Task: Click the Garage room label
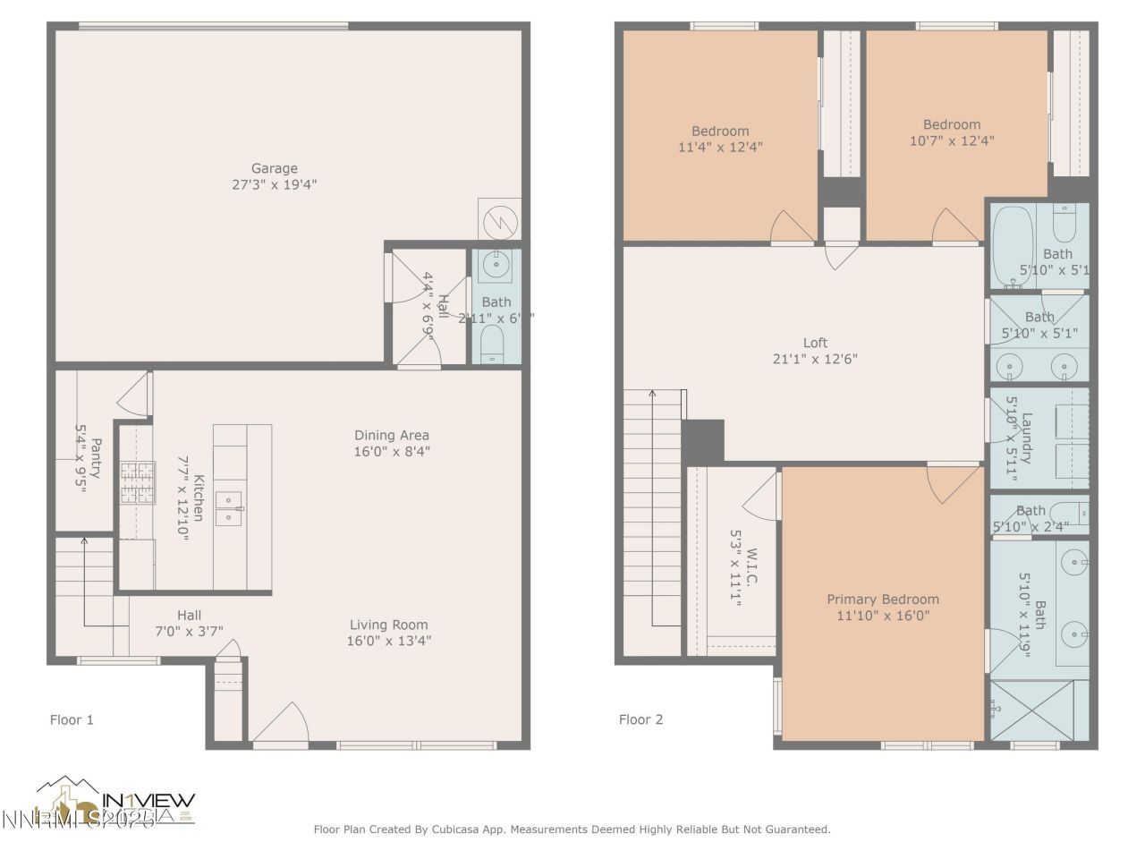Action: [x=274, y=168]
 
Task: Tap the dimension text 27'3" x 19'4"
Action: [x=274, y=185]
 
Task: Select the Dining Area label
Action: [x=391, y=436]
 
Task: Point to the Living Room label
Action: [x=388, y=625]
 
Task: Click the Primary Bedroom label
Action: [x=882, y=600]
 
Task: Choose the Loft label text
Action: [x=815, y=342]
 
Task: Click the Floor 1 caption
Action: [x=72, y=719]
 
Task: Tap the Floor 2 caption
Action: [x=640, y=719]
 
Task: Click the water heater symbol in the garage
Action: [x=499, y=220]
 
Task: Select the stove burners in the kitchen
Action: [x=138, y=483]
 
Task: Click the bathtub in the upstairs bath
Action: [x=1013, y=247]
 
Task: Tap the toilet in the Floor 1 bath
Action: [x=492, y=343]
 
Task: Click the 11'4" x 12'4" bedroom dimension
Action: [x=720, y=148]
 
